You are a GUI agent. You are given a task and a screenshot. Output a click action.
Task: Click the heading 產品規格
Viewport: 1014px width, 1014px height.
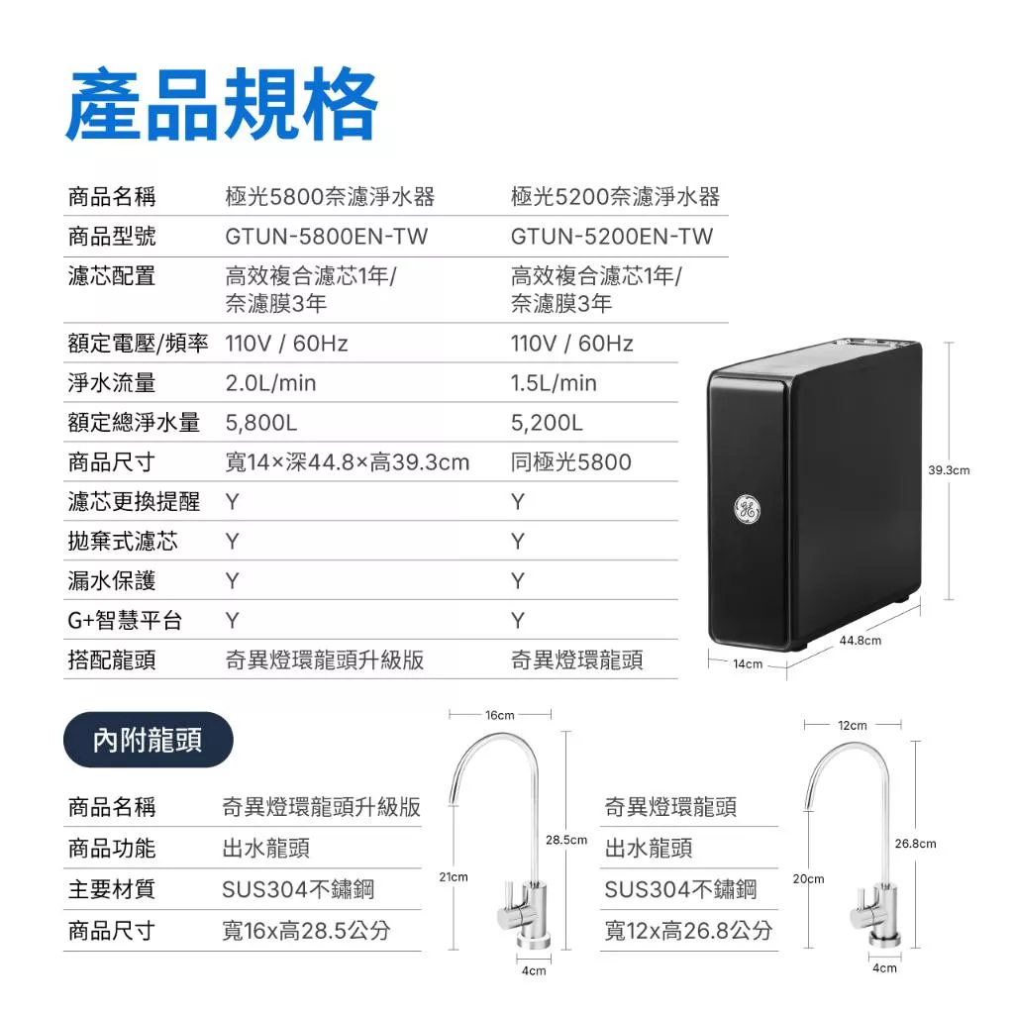click(x=222, y=105)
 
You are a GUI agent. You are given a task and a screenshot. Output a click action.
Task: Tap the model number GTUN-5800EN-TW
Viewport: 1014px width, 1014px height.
click(x=327, y=237)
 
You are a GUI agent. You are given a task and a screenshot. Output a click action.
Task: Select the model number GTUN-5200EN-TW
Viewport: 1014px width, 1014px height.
click(x=612, y=237)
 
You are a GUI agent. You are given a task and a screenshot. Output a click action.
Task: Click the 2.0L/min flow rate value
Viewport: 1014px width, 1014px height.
click(x=271, y=383)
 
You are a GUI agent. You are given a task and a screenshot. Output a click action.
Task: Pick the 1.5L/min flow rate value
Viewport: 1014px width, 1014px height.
click(x=554, y=383)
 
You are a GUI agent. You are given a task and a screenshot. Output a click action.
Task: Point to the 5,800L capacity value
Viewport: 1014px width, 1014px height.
click(x=261, y=423)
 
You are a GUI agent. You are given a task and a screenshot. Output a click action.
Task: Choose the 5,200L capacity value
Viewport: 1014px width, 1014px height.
click(x=547, y=423)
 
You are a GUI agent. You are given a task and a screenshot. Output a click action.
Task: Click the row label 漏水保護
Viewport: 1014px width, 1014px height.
click(x=112, y=580)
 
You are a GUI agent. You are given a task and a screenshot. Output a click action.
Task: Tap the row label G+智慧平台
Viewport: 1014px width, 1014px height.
click(x=125, y=620)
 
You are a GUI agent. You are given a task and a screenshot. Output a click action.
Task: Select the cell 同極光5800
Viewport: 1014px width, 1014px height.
click(x=571, y=462)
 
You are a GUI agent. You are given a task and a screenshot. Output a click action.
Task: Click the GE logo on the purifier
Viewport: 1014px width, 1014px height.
click(x=748, y=509)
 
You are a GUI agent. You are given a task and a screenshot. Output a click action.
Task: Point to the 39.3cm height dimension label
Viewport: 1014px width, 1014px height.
click(x=949, y=470)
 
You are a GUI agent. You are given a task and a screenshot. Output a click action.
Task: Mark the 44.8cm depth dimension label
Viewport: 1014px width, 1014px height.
click(x=861, y=641)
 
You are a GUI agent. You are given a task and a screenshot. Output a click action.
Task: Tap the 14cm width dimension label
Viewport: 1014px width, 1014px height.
click(x=748, y=664)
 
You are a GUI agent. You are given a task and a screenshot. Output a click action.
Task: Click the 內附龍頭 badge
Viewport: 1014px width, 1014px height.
click(x=149, y=740)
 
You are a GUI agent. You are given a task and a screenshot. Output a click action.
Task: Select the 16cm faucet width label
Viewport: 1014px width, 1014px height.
click(x=500, y=715)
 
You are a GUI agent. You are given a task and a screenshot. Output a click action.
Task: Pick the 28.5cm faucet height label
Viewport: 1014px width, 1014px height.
click(x=566, y=840)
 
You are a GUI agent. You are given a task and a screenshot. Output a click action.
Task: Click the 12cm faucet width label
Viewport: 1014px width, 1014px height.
click(x=853, y=726)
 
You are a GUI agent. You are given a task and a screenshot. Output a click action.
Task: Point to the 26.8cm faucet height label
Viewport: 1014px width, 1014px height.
click(x=916, y=844)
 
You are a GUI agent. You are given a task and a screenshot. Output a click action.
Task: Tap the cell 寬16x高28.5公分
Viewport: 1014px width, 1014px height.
click(x=307, y=931)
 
